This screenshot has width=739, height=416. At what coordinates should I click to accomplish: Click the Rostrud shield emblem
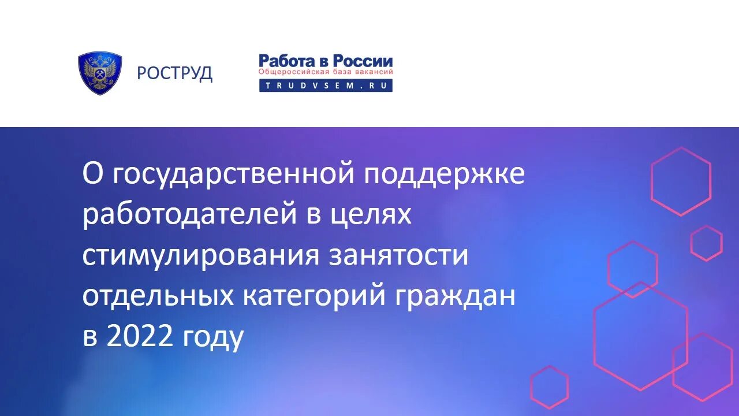pyautogui.click(x=99, y=73)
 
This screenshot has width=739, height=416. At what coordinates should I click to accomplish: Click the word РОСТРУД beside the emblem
pyautogui.click(x=174, y=73)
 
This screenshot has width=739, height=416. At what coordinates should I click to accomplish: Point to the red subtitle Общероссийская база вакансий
pyautogui.click(x=326, y=72)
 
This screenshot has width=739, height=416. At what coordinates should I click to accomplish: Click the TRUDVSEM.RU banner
pyautogui.click(x=326, y=85)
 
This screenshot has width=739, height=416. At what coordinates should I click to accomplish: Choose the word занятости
pyautogui.click(x=398, y=256)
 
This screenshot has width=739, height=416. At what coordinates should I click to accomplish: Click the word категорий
pyautogui.click(x=313, y=297)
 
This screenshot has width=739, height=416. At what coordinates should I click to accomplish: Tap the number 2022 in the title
pyautogui.click(x=140, y=337)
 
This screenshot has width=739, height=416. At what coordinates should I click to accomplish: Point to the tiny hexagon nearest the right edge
pyautogui.click(x=706, y=243)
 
